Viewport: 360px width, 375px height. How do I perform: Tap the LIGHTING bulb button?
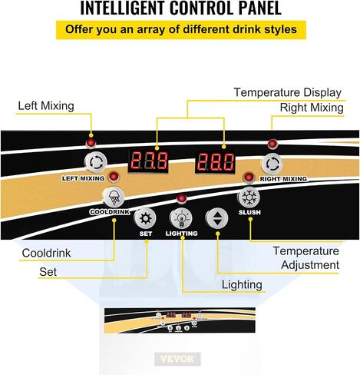[181, 217]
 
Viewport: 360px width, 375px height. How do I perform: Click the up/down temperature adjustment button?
[216, 218]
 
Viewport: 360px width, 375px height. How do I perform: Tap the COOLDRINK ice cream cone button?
[113, 197]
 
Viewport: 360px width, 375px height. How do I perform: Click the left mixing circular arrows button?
[95, 162]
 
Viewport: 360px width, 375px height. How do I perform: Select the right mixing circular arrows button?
[272, 164]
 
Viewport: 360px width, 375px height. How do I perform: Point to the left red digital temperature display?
[148, 161]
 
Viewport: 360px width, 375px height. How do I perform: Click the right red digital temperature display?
[215, 162]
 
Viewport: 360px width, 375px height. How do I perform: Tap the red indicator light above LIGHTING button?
[182, 198]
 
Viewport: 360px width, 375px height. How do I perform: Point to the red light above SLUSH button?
[249, 178]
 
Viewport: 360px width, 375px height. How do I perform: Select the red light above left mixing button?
[91, 143]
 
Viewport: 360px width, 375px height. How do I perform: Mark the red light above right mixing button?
[272, 144]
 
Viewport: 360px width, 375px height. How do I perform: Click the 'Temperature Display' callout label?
[288, 92]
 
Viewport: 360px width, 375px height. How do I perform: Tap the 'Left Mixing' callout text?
[46, 106]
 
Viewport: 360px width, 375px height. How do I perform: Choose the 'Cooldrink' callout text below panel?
[46, 253]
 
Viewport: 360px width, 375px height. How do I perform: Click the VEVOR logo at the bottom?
[177, 359]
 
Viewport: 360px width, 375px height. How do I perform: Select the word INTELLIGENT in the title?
[122, 8]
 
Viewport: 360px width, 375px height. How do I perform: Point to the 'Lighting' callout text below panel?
[242, 285]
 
